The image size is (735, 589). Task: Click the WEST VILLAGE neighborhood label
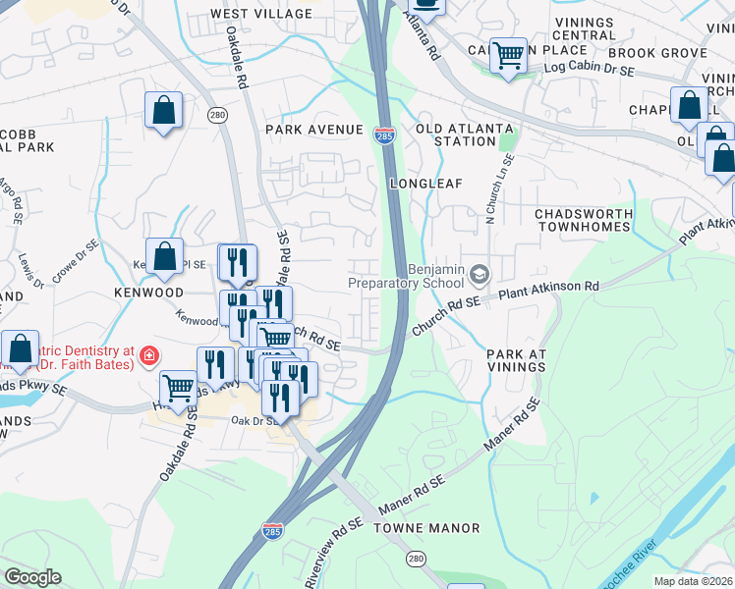point(260,14)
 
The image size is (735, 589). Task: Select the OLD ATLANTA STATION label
point(464,134)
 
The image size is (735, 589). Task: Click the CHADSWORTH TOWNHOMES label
point(581,220)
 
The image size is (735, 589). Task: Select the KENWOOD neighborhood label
point(147,294)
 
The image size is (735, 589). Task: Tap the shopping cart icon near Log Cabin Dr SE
point(508,56)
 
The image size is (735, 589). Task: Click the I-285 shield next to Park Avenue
point(384,134)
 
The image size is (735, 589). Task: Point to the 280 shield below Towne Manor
point(416,558)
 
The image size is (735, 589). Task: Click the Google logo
point(32,577)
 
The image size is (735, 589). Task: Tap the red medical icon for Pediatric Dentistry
point(148,354)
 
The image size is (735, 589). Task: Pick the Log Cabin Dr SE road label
point(583,68)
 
